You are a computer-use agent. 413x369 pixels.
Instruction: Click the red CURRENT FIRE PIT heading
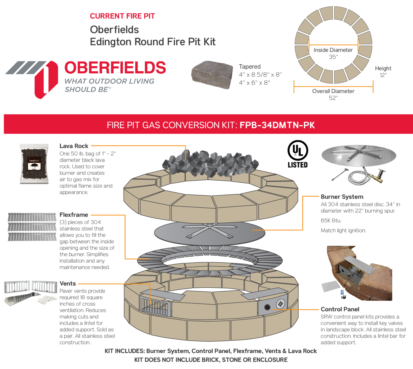[122, 16]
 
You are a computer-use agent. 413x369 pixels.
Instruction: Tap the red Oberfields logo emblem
[46, 79]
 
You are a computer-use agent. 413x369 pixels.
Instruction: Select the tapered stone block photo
[212, 75]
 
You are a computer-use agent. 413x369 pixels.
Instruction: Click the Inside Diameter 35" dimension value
[333, 57]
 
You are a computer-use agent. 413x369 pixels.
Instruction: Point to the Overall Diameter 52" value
[333, 98]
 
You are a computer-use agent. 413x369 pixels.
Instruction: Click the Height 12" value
[383, 75]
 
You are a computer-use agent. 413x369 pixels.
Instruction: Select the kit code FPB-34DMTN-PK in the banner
[277, 125]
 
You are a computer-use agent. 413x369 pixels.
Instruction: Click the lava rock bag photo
[34, 164]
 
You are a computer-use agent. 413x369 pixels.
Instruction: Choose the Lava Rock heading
[74, 146]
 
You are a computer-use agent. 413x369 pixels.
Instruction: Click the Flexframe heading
[74, 215]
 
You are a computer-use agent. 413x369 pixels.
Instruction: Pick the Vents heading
[68, 284]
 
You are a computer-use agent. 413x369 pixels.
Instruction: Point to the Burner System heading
[342, 197]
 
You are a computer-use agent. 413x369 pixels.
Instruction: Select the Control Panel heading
[340, 309]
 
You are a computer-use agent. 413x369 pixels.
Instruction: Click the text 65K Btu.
[331, 220]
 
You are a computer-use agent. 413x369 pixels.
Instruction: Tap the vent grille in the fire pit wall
[156, 306]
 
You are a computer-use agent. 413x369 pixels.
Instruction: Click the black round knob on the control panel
[267, 307]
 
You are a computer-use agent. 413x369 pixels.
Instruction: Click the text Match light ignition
[343, 230]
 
